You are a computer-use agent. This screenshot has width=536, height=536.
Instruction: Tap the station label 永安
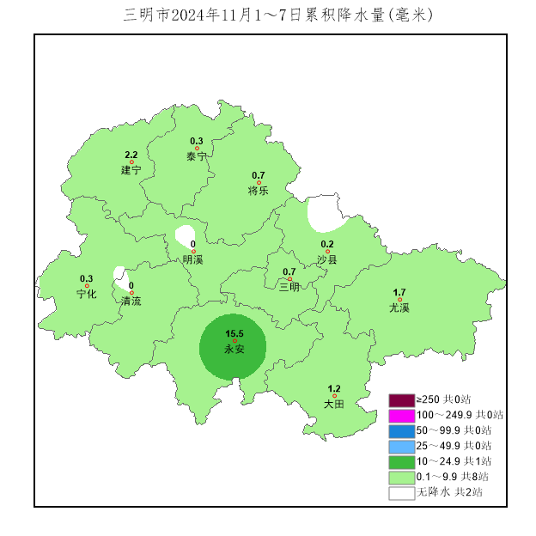tap(234, 350)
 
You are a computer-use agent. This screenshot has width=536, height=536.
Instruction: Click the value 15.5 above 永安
tap(234, 333)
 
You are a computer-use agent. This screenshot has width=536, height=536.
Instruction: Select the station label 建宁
tap(131, 171)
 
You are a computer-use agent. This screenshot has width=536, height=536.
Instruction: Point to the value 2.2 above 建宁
tap(131, 155)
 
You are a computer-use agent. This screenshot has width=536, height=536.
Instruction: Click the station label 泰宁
tap(197, 156)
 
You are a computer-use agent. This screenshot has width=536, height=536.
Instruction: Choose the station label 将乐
tap(258, 190)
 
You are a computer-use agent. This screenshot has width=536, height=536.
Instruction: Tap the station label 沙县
tap(327, 259)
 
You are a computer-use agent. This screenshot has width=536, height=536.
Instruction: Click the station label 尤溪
tap(399, 308)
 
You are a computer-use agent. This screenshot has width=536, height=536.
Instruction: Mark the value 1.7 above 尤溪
tap(399, 292)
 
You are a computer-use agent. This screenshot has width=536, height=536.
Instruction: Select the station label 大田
tap(334, 404)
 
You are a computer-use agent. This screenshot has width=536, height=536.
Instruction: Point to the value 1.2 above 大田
tap(334, 388)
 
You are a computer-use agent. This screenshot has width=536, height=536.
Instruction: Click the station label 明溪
tap(193, 259)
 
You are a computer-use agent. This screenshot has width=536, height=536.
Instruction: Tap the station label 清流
tap(131, 301)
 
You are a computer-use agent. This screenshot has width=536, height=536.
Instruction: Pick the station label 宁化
tap(87, 294)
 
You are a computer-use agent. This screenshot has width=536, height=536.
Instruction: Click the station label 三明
tap(289, 287)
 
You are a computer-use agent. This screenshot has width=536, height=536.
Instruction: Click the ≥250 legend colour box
tap(401, 400)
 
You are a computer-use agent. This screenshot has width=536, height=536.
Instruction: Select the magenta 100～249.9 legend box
tap(401, 416)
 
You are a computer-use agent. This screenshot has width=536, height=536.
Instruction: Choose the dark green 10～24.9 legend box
tap(401, 462)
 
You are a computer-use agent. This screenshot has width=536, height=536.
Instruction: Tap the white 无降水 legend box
tap(401, 493)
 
